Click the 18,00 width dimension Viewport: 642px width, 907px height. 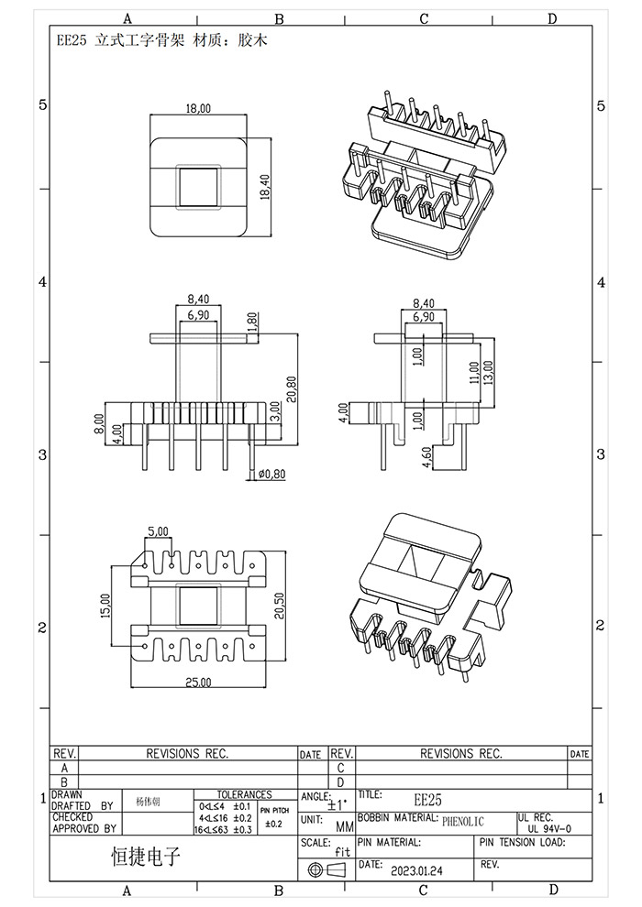coord(198,108)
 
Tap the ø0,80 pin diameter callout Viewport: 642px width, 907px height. coord(272,474)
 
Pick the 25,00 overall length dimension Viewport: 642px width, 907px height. coord(198,683)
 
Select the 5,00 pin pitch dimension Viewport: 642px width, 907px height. coord(158,531)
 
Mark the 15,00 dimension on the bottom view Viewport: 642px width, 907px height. coord(105,605)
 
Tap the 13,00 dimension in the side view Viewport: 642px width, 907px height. coord(488,371)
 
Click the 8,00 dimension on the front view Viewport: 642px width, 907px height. coord(100,421)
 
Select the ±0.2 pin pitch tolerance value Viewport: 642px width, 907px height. coord(274,825)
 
